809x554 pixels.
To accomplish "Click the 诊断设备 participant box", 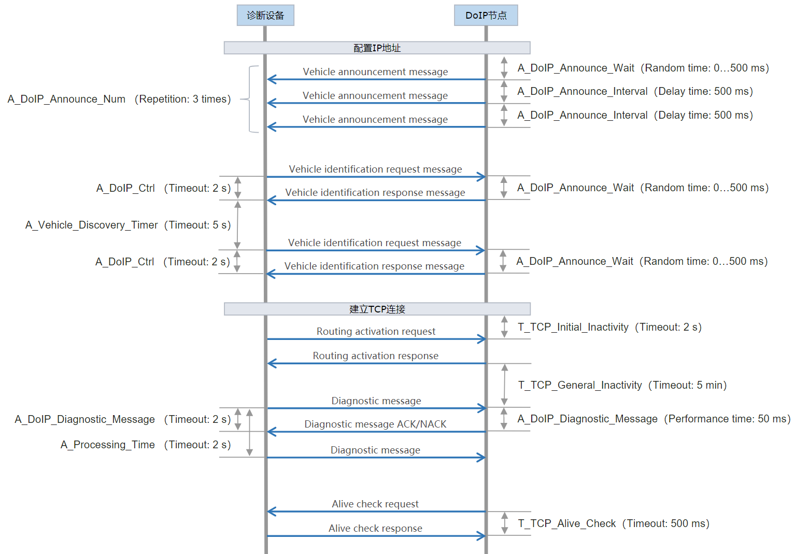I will pos(265,16).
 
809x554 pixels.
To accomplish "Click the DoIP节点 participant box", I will pos(486,16).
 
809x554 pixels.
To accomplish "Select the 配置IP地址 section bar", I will pos(377,48).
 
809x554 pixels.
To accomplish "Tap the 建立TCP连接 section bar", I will pos(377,309).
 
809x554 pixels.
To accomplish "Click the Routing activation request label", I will pos(376,332).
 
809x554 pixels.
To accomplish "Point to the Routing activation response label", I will pos(375,356).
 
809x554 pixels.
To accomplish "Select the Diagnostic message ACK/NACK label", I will pos(375,424).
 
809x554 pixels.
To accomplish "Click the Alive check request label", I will pos(375,504).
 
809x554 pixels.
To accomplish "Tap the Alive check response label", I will pos(375,529).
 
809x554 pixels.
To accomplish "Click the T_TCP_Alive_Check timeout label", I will pos(613,523).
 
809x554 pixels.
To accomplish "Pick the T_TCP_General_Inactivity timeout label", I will pos(622,385).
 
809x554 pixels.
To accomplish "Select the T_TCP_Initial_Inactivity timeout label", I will pos(609,327).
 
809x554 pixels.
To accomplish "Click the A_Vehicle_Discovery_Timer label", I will pos(127,225).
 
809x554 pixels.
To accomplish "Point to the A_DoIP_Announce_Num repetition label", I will pos(119,99).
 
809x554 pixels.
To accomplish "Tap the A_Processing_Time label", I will pos(145,445).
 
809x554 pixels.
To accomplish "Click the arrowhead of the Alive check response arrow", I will pos(482,536).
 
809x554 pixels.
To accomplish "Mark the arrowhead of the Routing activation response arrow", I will pos(272,363).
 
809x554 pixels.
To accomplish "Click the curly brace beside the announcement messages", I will pos(250,99).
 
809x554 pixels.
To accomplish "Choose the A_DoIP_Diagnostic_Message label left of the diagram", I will pos(122,419).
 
